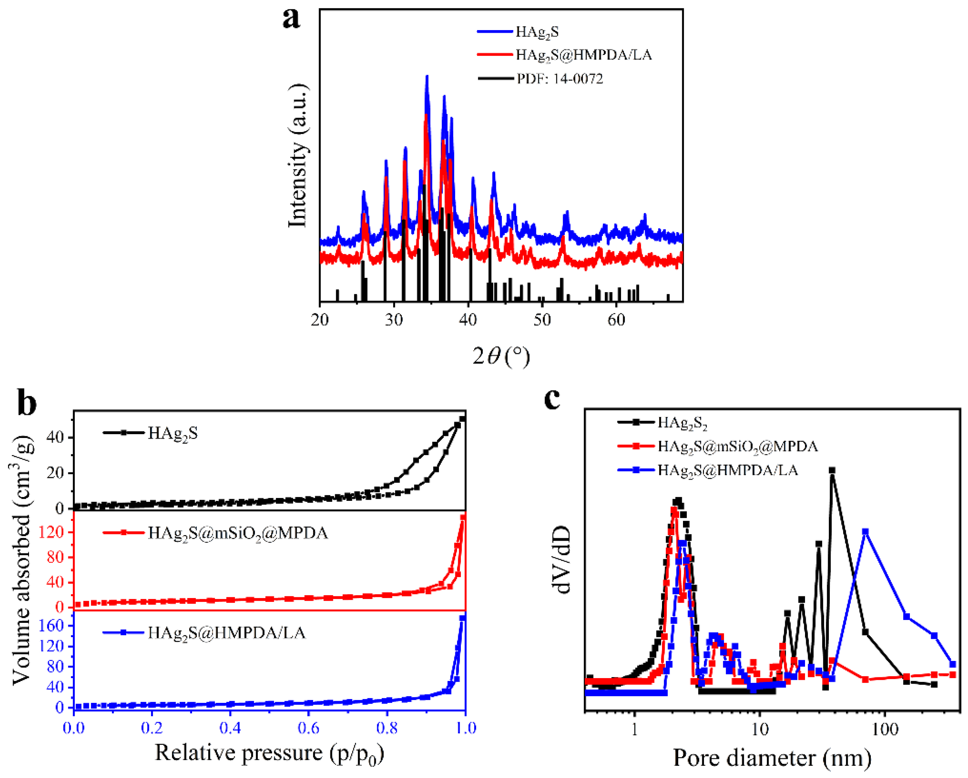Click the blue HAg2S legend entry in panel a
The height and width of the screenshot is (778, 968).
tap(537, 32)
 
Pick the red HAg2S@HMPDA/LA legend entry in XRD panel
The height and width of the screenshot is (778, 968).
tap(583, 55)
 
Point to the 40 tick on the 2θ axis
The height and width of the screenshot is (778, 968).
tap(468, 320)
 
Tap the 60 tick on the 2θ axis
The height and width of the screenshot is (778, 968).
tap(617, 320)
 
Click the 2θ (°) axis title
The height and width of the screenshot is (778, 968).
tap(501, 357)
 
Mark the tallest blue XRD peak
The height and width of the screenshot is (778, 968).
tap(427, 76)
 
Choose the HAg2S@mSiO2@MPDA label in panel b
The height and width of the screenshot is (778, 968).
tap(238, 533)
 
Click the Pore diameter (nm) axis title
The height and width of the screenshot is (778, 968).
tap(772, 758)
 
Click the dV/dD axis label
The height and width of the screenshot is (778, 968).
tap(563, 560)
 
